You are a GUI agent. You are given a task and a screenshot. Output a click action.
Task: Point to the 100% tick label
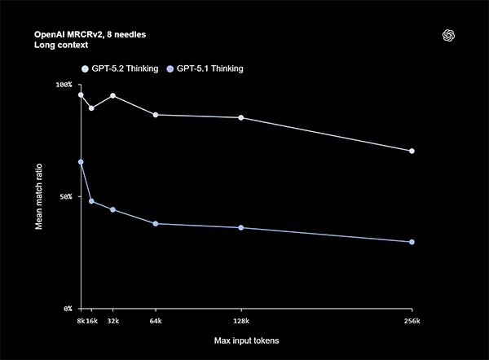pos(64,85)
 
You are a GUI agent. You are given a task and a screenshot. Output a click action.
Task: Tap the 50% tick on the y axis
pos(66,196)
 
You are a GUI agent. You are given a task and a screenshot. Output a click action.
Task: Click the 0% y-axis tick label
pos(68,309)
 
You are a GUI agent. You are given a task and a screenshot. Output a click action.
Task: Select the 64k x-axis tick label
pos(156,322)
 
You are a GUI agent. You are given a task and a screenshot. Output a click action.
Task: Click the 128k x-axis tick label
pos(240,322)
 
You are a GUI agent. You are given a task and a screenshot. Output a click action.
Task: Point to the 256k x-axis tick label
pos(412,322)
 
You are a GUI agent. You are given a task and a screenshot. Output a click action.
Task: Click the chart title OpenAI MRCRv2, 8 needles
pos(90,36)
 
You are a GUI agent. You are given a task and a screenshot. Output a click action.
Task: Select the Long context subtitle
pos(61,46)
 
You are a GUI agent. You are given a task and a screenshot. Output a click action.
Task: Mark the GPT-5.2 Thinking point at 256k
pos(412,151)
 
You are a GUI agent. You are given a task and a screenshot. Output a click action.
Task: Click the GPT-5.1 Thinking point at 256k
pos(412,242)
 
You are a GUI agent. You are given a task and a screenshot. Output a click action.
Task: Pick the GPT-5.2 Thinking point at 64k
pos(156,115)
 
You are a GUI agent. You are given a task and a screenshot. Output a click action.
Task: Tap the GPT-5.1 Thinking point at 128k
pos(241,227)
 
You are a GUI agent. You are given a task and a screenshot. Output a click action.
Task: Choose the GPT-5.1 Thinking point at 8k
pos(81,162)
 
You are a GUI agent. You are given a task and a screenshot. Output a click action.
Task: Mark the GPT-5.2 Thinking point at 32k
pos(112,95)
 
